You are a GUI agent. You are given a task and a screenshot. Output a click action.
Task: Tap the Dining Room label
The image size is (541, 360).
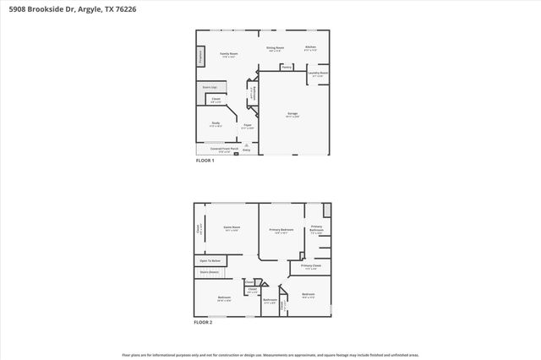pos(275,49)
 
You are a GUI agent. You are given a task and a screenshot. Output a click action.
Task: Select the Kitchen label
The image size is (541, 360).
pos(310,47)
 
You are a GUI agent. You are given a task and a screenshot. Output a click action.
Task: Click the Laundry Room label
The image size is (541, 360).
pos(318,74)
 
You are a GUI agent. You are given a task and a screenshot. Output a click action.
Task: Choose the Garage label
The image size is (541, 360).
pos(293,115)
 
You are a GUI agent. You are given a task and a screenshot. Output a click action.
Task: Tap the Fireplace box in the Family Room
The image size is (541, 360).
pos(200,57)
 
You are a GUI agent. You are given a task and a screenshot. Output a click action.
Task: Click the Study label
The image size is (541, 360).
pos(216,124)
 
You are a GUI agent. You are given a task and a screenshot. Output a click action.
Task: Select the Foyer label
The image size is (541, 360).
pos(248,126)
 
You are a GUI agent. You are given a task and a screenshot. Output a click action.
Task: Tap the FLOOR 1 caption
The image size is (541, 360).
pos(205,161)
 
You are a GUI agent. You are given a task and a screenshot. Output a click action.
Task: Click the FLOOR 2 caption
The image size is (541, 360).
pos(203,322)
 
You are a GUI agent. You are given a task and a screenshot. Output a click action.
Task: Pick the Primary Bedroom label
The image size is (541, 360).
pos(281,231)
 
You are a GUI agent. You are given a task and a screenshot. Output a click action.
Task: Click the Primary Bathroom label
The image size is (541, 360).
pos(316,228)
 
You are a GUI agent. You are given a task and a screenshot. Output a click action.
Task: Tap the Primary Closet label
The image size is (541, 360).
pos(310,267)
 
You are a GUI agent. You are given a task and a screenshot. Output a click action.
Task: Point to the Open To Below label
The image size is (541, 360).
pos(210,261)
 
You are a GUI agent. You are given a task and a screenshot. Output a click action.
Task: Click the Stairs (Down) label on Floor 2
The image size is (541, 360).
pos(210,272)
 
